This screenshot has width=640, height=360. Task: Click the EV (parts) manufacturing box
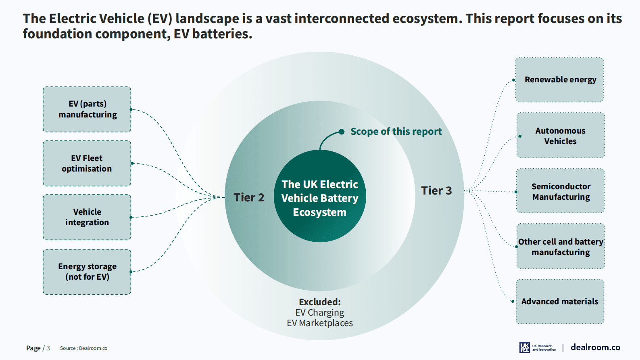[87, 109]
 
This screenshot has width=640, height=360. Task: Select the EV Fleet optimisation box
[87, 163]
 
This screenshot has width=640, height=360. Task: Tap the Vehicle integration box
[87, 217]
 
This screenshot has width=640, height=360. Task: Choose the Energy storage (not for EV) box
[87, 272]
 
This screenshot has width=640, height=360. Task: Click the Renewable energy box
[559, 80]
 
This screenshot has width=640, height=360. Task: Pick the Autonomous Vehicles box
[561, 136]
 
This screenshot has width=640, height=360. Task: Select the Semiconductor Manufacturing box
[561, 191]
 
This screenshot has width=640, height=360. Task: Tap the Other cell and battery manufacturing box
[561, 247]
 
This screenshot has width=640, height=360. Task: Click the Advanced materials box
[560, 301]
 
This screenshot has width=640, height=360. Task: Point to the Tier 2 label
[249, 197]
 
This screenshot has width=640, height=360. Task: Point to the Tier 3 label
[436, 190]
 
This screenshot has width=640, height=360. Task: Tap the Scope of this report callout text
[396, 132]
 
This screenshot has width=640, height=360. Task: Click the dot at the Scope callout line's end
[342, 132]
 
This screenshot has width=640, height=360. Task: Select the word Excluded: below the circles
[320, 302]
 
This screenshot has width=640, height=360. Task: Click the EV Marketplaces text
[320, 323]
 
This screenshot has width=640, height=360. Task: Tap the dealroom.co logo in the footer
[595, 347]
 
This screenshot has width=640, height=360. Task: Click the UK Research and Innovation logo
[538, 347]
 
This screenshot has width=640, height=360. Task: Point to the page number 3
[48, 348]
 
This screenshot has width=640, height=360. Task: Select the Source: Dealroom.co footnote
[83, 348]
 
